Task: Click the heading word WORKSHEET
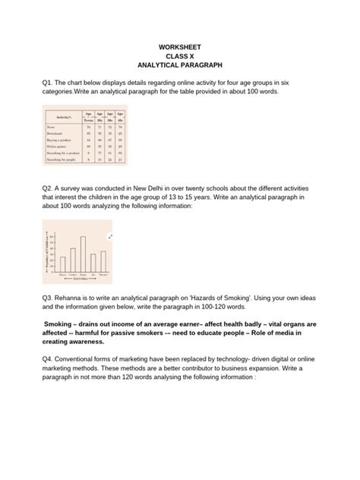click(180, 47)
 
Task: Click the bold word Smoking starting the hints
click(62, 323)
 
